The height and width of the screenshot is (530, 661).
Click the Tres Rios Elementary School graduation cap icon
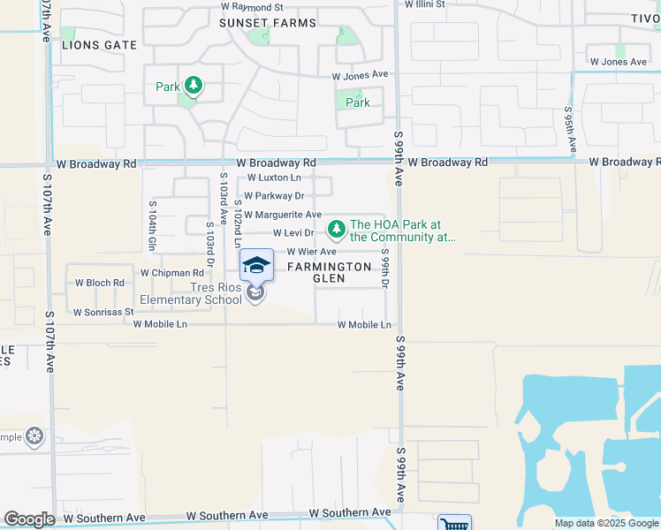tap(256, 264)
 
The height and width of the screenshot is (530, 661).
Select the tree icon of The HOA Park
tap(336, 231)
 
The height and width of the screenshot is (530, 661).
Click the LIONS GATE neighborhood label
tap(99, 45)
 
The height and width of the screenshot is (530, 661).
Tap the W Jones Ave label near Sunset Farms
tap(360, 76)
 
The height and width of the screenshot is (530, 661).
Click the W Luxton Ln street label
tap(273, 178)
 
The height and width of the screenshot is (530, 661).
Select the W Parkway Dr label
tap(274, 196)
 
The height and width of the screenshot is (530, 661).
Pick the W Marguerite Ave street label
tap(283, 215)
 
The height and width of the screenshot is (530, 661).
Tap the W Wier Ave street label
tap(312, 252)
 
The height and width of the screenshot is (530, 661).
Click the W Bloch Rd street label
tap(100, 283)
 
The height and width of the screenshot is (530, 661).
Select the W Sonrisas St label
tap(103, 312)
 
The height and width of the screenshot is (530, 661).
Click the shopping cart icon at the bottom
tap(454, 523)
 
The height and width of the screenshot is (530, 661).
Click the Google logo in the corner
tap(29, 519)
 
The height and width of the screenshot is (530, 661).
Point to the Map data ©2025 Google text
tap(606, 523)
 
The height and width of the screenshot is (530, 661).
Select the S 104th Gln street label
tap(152, 225)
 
